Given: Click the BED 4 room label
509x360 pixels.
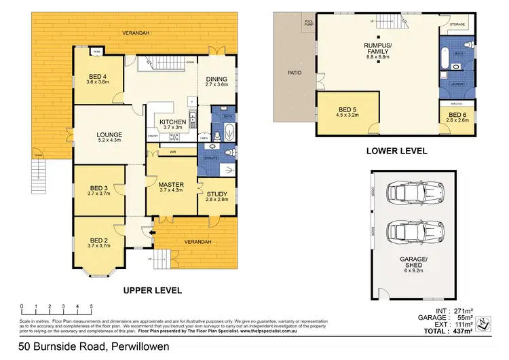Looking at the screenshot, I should [99, 77].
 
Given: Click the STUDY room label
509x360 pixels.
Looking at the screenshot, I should [217, 194].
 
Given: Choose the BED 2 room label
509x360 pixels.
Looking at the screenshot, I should [98, 241].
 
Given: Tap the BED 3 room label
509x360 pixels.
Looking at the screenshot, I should [98, 188].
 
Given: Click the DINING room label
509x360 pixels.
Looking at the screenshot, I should [218, 78].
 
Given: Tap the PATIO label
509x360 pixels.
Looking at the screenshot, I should [294, 73].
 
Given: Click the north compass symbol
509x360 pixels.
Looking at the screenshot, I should [482, 323].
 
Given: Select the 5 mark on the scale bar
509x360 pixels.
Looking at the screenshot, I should [91, 306].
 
